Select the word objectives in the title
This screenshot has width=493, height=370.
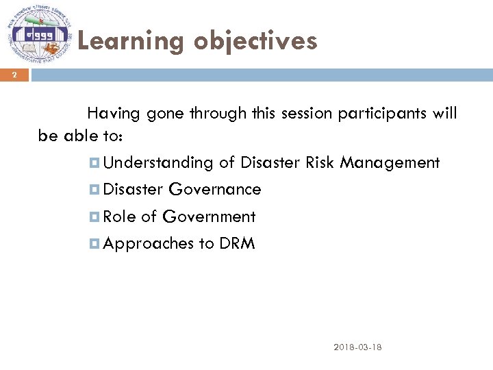click(255, 42)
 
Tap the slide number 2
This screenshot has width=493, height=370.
click(13, 75)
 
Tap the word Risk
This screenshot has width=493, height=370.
click(321, 162)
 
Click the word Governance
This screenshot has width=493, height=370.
click(214, 189)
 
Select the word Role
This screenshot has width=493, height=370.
click(120, 217)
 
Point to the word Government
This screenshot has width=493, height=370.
click(208, 217)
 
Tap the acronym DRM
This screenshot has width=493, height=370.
click(237, 244)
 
